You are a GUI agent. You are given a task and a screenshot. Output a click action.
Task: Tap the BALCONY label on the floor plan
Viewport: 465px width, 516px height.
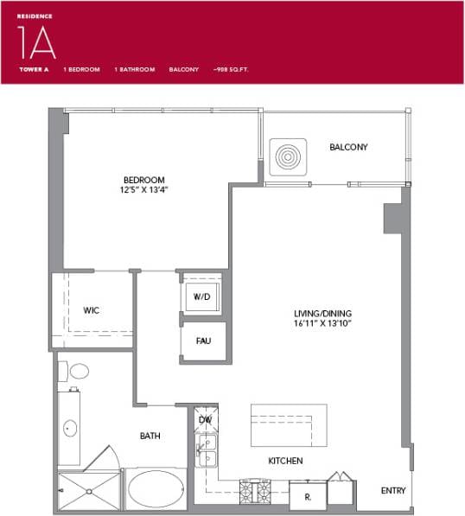tap(348, 147)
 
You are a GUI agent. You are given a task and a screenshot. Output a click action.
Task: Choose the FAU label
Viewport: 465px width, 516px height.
tap(203, 341)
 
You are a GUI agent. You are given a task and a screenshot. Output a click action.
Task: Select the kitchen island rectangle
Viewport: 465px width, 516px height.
tap(289, 424)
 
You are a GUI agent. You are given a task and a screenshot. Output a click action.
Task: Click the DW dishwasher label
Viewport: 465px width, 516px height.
tap(205, 419)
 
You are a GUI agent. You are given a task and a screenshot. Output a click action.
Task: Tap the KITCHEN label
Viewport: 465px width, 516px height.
tap(284, 461)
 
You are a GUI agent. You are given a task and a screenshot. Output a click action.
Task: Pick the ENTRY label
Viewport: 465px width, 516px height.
tap(393, 491)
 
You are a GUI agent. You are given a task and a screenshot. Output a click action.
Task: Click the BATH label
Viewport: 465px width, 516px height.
tap(150, 436)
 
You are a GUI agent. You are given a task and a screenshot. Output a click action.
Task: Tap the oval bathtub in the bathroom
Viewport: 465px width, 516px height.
tap(156, 489)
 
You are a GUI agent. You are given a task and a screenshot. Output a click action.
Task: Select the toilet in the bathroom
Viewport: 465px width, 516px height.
tap(75, 372)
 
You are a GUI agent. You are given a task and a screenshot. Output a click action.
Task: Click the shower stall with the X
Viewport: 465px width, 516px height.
tap(89, 491)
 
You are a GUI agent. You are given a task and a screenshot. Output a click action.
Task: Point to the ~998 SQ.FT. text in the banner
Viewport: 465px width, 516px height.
tap(231, 68)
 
